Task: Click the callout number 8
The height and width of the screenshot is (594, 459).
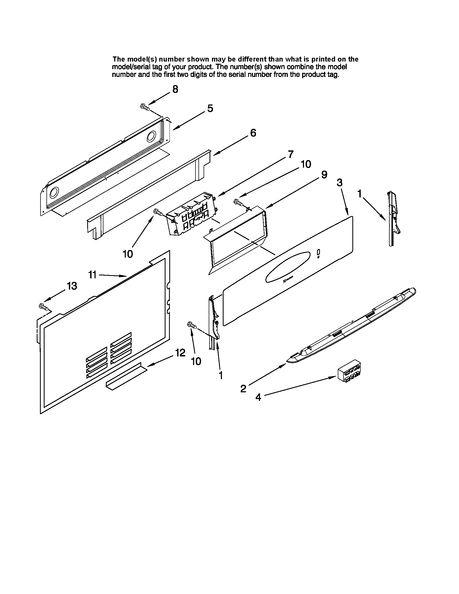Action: pyautogui.click(x=175, y=89)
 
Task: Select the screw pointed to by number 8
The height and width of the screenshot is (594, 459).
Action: pyautogui.click(x=145, y=107)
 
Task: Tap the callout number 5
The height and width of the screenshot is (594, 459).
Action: pyautogui.click(x=210, y=109)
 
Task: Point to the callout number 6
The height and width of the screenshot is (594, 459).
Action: pyautogui.click(x=253, y=133)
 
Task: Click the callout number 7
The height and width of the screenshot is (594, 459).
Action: pyautogui.click(x=291, y=154)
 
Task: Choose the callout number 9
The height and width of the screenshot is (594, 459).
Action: pyautogui.click(x=324, y=175)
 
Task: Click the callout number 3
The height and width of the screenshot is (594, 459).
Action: pyautogui.click(x=339, y=183)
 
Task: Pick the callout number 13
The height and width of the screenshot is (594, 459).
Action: pyautogui.click(x=72, y=286)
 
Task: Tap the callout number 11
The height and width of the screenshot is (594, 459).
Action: pyautogui.click(x=92, y=275)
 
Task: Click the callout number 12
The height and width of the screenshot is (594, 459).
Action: pyautogui.click(x=180, y=353)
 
